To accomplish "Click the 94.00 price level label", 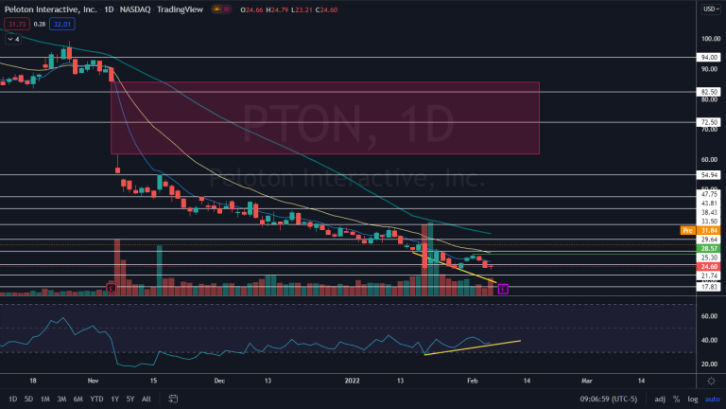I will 709,57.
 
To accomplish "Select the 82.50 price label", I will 709,92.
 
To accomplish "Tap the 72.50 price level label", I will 709,122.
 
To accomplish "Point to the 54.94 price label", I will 709,175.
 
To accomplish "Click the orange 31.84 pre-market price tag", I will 709,230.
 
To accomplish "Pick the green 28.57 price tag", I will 709,248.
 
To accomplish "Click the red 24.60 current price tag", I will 709,267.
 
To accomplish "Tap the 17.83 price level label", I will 709,286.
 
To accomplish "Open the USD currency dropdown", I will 710,9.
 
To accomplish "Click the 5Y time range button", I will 130,399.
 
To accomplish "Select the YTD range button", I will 96,399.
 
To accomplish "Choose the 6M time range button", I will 78,399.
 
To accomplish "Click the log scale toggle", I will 692,399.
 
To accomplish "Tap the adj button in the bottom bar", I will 659,399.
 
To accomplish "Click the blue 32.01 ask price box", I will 61,25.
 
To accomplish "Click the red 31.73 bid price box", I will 14,25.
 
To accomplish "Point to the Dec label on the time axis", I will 218,382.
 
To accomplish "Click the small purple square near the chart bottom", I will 503,288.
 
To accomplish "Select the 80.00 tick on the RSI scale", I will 708,304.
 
